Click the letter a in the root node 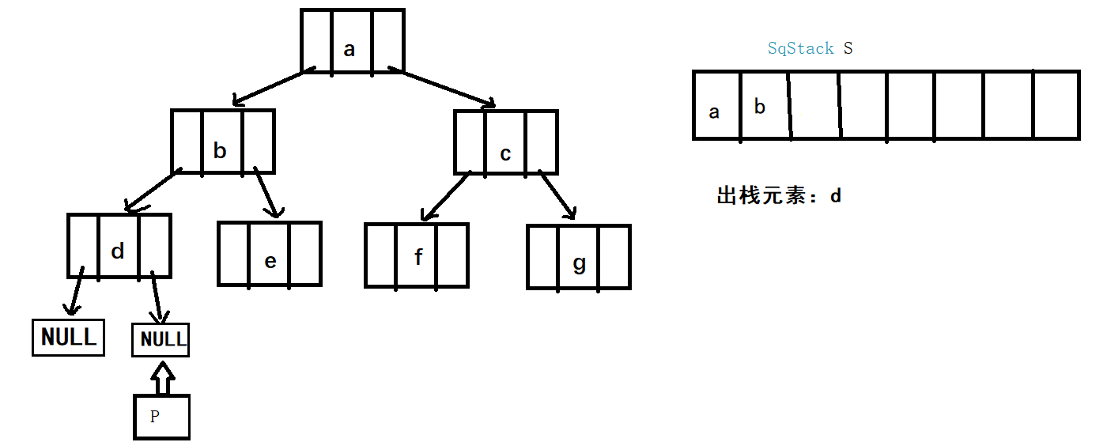(x=349, y=49)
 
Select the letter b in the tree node (x=221, y=150)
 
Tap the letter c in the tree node (x=505, y=153)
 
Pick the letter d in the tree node (x=118, y=251)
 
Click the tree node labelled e (x=270, y=254)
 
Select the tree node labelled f (x=417, y=255)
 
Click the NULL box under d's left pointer (x=68, y=337)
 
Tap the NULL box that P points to (x=161, y=340)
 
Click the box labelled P (x=161, y=416)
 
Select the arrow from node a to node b (x=269, y=88)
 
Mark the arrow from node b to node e (x=266, y=192)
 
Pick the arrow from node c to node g (x=557, y=194)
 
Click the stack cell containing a (x=716, y=106)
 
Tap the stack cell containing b (x=764, y=106)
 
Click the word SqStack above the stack (x=800, y=48)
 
